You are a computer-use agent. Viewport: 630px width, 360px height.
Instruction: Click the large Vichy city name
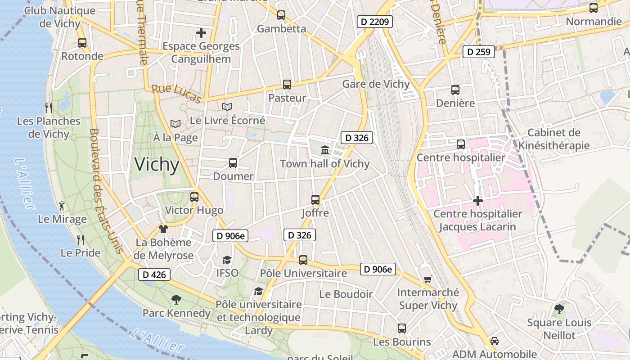(x=157, y=165)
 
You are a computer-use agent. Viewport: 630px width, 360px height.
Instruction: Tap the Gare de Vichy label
(x=376, y=84)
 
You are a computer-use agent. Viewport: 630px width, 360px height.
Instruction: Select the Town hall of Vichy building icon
(x=325, y=150)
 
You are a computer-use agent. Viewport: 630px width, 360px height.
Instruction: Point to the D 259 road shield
(x=479, y=52)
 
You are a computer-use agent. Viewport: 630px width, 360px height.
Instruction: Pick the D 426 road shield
(x=154, y=274)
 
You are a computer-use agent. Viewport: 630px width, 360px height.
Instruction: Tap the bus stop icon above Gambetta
(x=281, y=15)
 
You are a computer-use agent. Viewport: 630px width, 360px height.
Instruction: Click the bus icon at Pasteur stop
(x=287, y=84)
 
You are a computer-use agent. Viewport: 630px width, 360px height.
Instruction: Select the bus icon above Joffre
(x=315, y=199)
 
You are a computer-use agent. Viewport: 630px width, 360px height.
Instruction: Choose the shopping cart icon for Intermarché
(x=428, y=279)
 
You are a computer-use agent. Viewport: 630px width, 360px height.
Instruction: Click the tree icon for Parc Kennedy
(x=176, y=299)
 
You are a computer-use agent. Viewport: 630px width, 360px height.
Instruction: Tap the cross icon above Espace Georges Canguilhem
(x=201, y=32)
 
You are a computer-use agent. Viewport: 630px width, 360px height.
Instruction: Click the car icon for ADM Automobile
(x=495, y=341)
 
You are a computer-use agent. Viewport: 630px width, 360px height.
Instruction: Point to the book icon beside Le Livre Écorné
(x=227, y=107)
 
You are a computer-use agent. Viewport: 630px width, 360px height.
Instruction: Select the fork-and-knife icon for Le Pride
(x=81, y=239)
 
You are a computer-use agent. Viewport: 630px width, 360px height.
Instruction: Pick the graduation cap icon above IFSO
(x=227, y=260)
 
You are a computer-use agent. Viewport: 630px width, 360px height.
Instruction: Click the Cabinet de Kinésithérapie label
(x=554, y=139)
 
